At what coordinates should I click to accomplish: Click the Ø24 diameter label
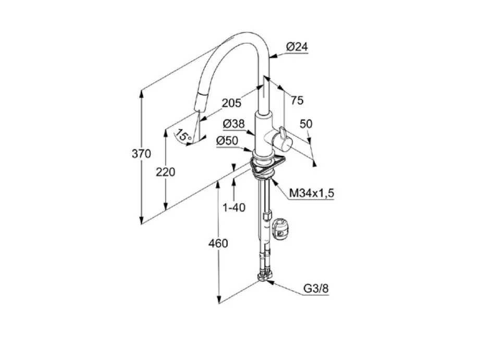(x=297, y=47)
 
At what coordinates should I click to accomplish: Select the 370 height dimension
(x=141, y=154)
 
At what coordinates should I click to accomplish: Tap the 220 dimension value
(x=166, y=172)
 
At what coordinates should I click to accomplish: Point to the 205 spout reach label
(x=231, y=103)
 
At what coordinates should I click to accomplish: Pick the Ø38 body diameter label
(x=234, y=123)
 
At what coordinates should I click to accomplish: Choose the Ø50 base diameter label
(x=227, y=141)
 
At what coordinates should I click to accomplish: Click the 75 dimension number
(x=297, y=100)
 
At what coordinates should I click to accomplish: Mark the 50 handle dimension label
(x=306, y=123)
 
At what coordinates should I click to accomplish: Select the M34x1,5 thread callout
(x=312, y=193)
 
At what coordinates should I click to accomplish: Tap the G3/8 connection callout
(x=316, y=289)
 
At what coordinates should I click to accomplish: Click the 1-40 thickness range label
(x=234, y=208)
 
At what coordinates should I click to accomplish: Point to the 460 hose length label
(x=218, y=244)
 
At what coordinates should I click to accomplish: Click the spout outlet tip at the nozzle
(x=198, y=109)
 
